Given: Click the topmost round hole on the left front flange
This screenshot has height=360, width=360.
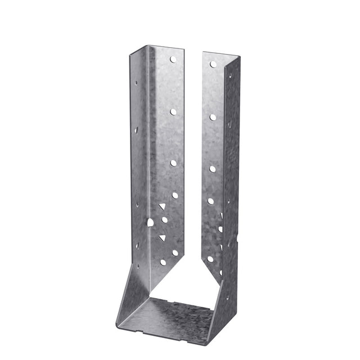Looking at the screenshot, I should pyautogui.click(x=174, y=59).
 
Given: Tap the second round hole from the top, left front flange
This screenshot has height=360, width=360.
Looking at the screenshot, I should pyautogui.click(x=173, y=111).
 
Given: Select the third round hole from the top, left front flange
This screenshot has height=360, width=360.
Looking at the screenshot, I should pyautogui.click(x=173, y=163).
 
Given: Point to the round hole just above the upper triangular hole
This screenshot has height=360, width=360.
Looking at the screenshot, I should pyautogui.click(x=174, y=195).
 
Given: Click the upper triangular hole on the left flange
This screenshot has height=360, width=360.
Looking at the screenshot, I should pyautogui.click(x=163, y=206).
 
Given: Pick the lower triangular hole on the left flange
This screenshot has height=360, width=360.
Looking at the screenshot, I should pyautogui.click(x=163, y=238).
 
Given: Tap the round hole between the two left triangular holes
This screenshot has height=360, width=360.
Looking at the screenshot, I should pyautogui.click(x=165, y=220).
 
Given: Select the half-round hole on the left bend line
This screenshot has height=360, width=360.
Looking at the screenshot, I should pyautogui.click(x=150, y=222).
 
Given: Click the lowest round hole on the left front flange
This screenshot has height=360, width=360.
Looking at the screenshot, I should pyautogui.click(x=164, y=262).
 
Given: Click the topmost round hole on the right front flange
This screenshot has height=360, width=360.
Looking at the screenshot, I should pyautogui.click(x=213, y=65).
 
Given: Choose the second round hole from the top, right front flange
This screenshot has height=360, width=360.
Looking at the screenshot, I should pyautogui.click(x=213, y=117).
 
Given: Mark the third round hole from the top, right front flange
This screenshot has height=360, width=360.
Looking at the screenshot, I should pyautogui.click(x=212, y=168).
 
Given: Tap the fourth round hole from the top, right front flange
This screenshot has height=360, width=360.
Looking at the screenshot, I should pyautogui.click(x=210, y=201).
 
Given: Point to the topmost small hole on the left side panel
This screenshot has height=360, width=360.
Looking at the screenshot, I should pyautogui.click(x=136, y=82).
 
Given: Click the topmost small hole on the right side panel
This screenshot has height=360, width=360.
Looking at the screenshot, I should pyautogui.click(x=230, y=75).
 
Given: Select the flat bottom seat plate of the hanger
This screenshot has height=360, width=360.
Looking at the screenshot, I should pyautogui.click(x=169, y=315).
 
